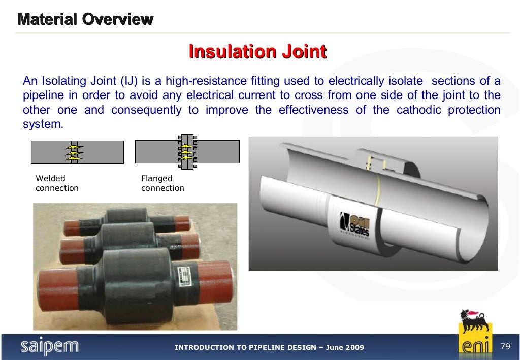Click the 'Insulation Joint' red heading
(x=257, y=52)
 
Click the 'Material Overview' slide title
(x=85, y=20)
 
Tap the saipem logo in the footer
(x=50, y=347)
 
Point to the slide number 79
(x=505, y=347)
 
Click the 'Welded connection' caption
(x=57, y=183)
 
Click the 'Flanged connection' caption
(x=162, y=183)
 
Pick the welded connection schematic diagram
(x=77, y=152)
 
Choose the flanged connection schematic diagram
(x=187, y=151)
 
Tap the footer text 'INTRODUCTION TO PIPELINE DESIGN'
(x=246, y=348)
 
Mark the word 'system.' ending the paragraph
(x=43, y=124)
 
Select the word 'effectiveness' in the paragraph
(x=313, y=110)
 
